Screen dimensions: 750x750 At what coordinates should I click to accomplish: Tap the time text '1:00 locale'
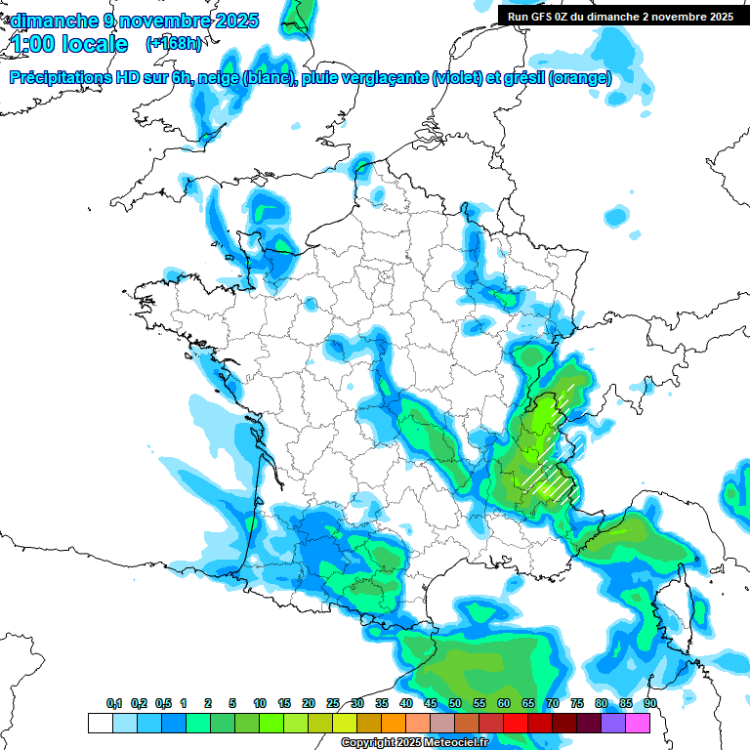pyautogui.click(x=69, y=44)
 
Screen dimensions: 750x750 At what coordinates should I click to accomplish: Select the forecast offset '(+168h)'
pyautogui.click(x=174, y=44)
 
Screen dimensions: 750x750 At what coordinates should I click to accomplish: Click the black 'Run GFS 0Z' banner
pyautogui.click(x=616, y=16)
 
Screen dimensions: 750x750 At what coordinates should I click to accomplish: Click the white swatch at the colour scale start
pyautogui.click(x=100, y=723)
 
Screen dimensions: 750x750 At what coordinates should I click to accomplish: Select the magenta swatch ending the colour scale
pyautogui.click(x=638, y=723)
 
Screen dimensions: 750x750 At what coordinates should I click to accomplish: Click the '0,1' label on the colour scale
pyautogui.click(x=114, y=704)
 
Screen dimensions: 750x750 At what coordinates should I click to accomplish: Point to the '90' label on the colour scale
pyautogui.click(x=650, y=704)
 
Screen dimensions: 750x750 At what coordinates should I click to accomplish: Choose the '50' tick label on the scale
pyautogui.click(x=455, y=704)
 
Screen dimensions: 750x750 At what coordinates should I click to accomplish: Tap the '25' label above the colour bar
pyautogui.click(x=333, y=704)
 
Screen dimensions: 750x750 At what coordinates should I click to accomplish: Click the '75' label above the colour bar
pyautogui.click(x=577, y=704)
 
